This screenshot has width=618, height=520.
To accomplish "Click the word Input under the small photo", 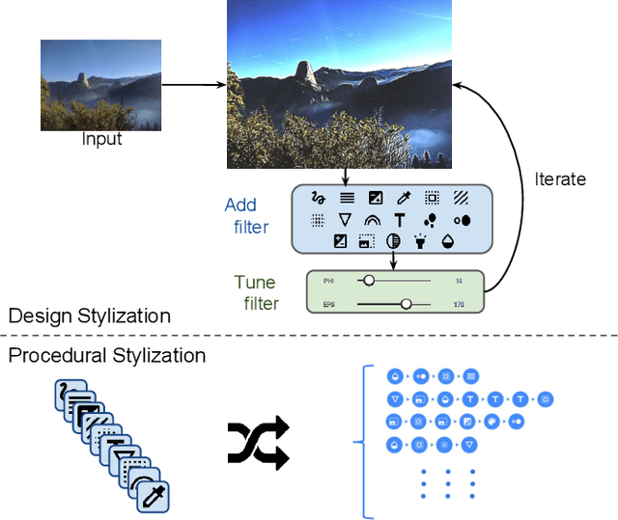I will point(101,139).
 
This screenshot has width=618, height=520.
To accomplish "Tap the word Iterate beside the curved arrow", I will point(560,178).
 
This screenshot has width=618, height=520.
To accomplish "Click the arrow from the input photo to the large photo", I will point(193,85).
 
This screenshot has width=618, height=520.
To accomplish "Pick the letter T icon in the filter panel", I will point(399,221).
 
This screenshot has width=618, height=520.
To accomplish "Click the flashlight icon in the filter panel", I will point(421,241).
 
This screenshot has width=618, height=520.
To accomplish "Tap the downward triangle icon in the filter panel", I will point(344,221).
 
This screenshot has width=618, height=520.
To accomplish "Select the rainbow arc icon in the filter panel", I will point(371,221).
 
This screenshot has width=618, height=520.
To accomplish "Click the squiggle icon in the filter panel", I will point(317,198).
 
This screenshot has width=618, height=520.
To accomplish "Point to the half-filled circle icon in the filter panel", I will point(393,241).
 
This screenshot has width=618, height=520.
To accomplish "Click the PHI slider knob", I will point(368,281).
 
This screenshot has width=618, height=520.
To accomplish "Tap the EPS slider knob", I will point(406,304).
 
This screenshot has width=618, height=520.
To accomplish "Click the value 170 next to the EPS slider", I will point(459,304).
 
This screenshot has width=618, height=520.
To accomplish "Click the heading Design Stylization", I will point(89,315).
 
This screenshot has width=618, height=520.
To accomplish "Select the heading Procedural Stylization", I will point(106,355).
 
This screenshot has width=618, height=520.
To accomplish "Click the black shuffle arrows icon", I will point(258,443).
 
